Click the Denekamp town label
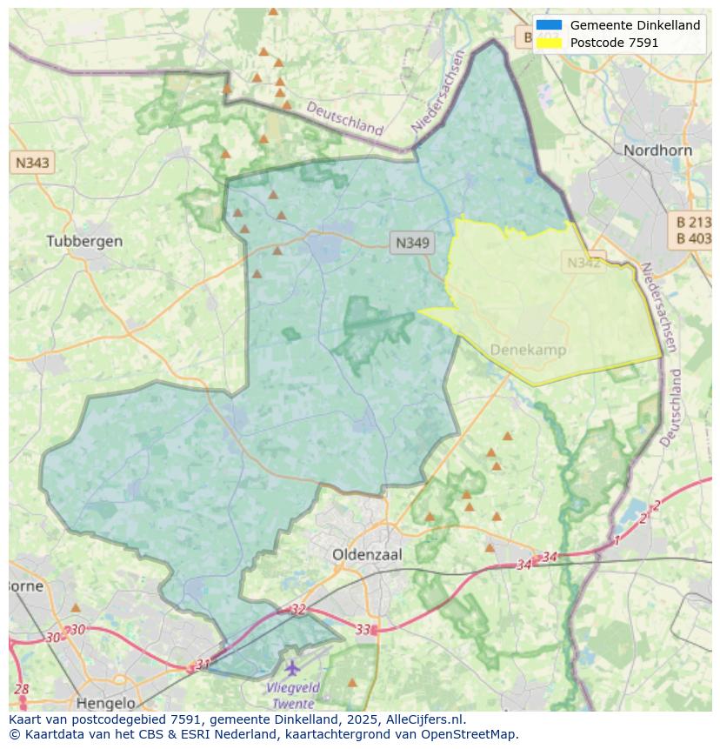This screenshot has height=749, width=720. (x=528, y=350)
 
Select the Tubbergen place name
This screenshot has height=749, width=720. (x=84, y=241)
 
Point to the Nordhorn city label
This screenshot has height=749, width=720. (x=657, y=150)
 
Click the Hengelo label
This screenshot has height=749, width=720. (x=106, y=703)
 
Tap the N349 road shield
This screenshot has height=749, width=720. (x=411, y=243)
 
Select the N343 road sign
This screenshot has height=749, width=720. (x=32, y=162)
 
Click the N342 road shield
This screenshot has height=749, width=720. (x=583, y=262)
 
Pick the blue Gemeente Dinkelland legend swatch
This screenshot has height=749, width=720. (x=549, y=25)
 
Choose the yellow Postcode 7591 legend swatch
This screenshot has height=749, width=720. (x=549, y=42)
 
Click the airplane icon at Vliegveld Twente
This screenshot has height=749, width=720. (x=292, y=668)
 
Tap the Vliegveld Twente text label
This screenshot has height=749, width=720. (x=292, y=695)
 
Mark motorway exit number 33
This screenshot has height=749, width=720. (x=363, y=629)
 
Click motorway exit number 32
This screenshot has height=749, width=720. (x=298, y=610)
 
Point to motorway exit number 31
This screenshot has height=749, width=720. (x=203, y=665)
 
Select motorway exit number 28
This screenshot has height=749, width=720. (x=22, y=690)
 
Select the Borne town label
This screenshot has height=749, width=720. (x=26, y=585)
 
